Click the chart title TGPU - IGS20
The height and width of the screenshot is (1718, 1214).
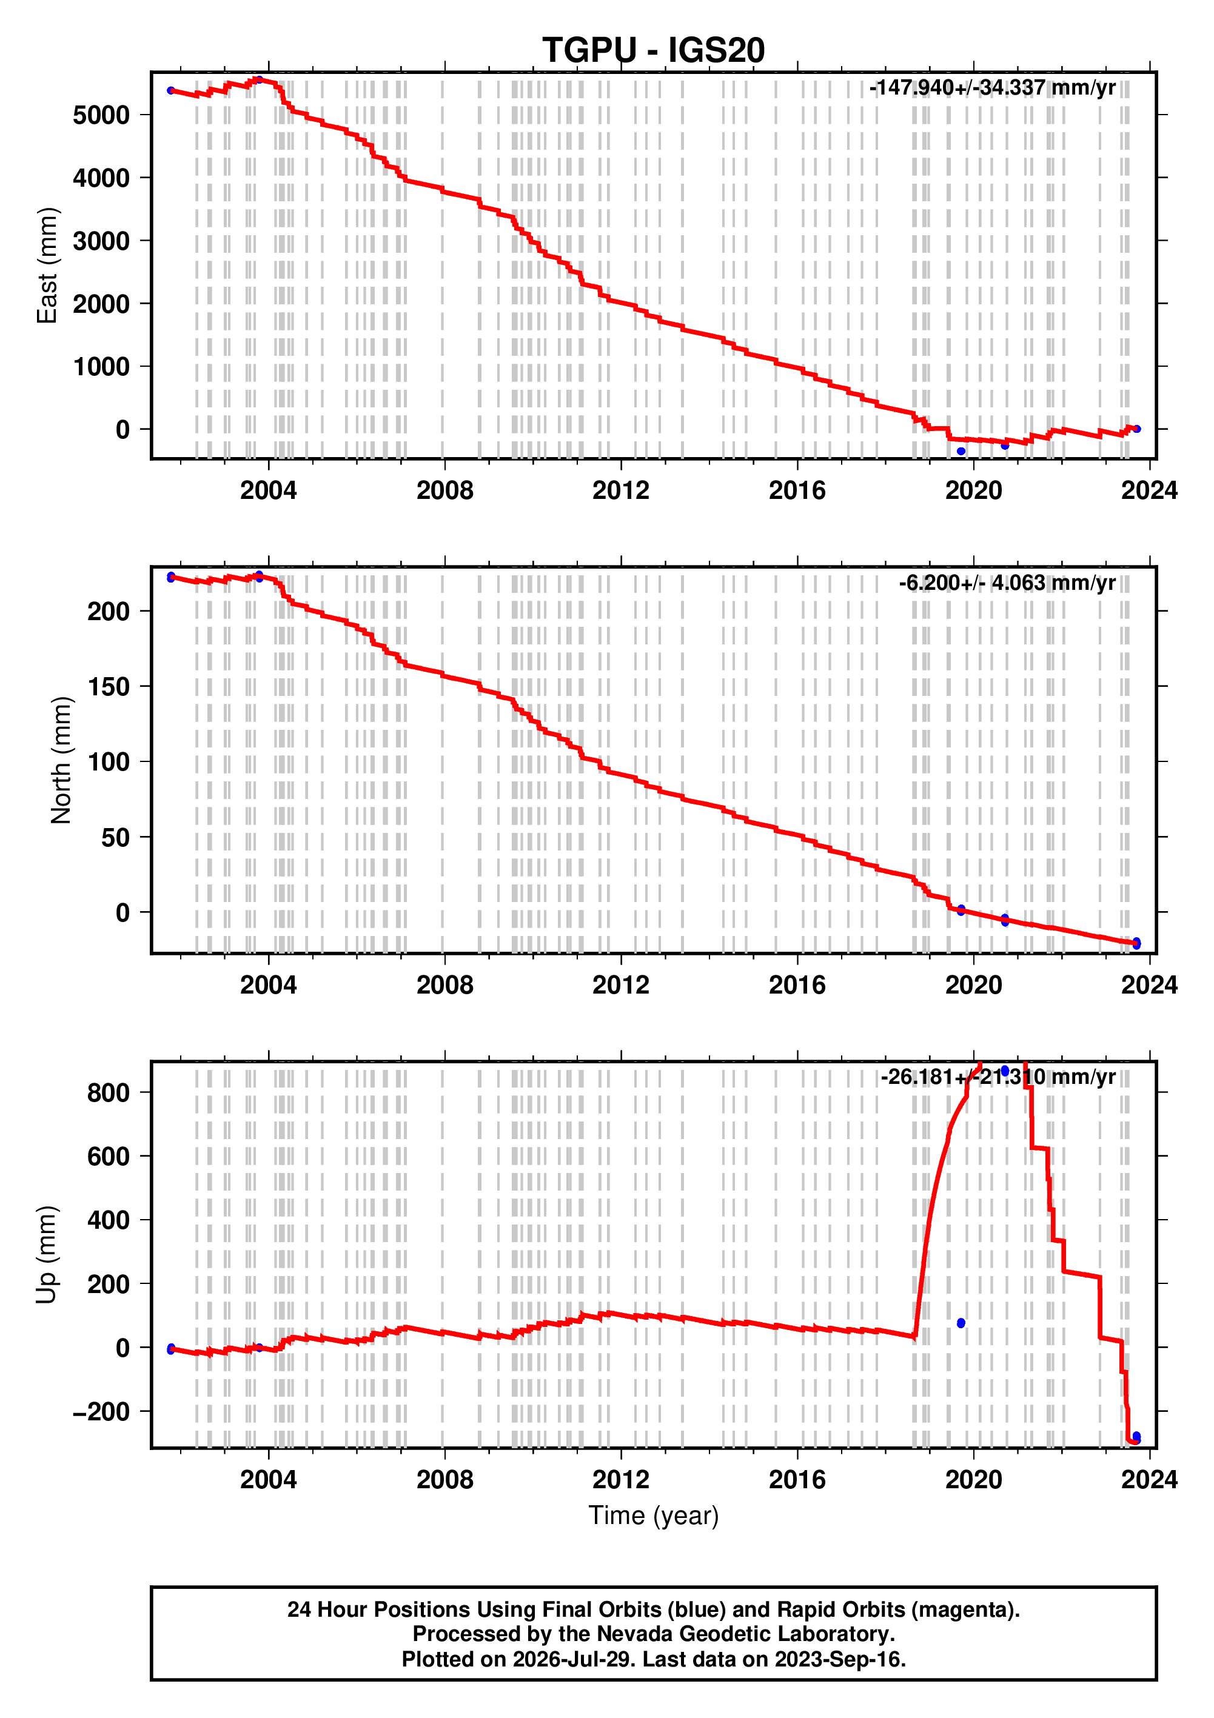click(x=654, y=50)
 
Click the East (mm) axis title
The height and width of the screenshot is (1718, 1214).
click(x=47, y=266)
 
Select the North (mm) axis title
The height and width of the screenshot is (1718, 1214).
click(x=61, y=760)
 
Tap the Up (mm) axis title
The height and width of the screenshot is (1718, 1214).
click(x=47, y=1255)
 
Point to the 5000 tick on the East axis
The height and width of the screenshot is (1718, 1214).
click(x=101, y=115)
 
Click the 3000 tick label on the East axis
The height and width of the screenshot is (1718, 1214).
click(x=101, y=241)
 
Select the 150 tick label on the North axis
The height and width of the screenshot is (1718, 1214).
click(x=109, y=687)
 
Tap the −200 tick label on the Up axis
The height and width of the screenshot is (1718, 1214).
click(x=101, y=1412)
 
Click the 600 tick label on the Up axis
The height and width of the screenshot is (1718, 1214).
click(x=109, y=1157)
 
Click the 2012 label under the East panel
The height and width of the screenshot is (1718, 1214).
click(x=620, y=491)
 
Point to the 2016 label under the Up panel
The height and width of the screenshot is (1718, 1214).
click(x=797, y=1480)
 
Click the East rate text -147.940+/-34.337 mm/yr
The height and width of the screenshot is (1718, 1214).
click(x=993, y=89)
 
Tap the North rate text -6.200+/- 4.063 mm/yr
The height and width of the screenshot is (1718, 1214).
click(x=1007, y=583)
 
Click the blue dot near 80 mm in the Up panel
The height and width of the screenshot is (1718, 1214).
click(x=961, y=1324)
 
